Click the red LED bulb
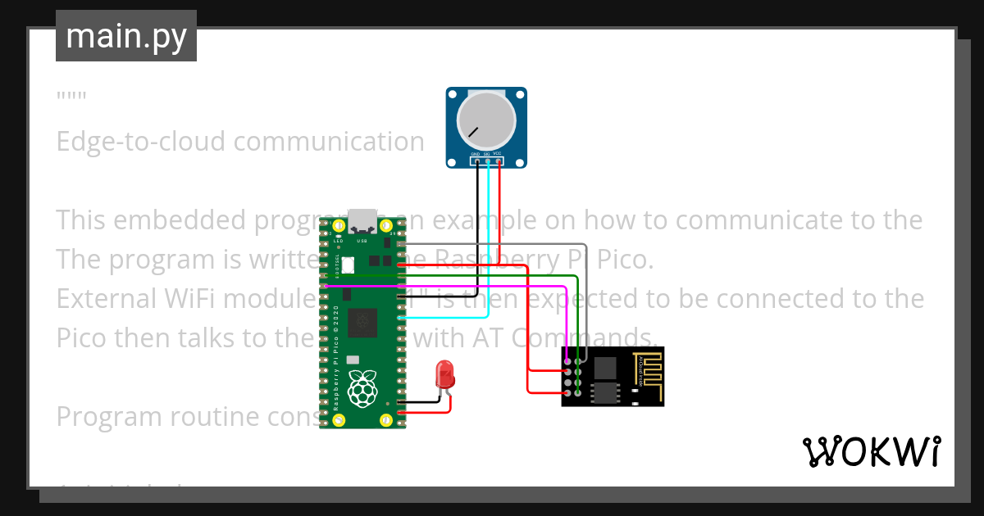tap(445, 374)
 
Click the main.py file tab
tap(126, 36)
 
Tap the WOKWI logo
tap(871, 451)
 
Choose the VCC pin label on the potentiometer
tap(498, 155)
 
